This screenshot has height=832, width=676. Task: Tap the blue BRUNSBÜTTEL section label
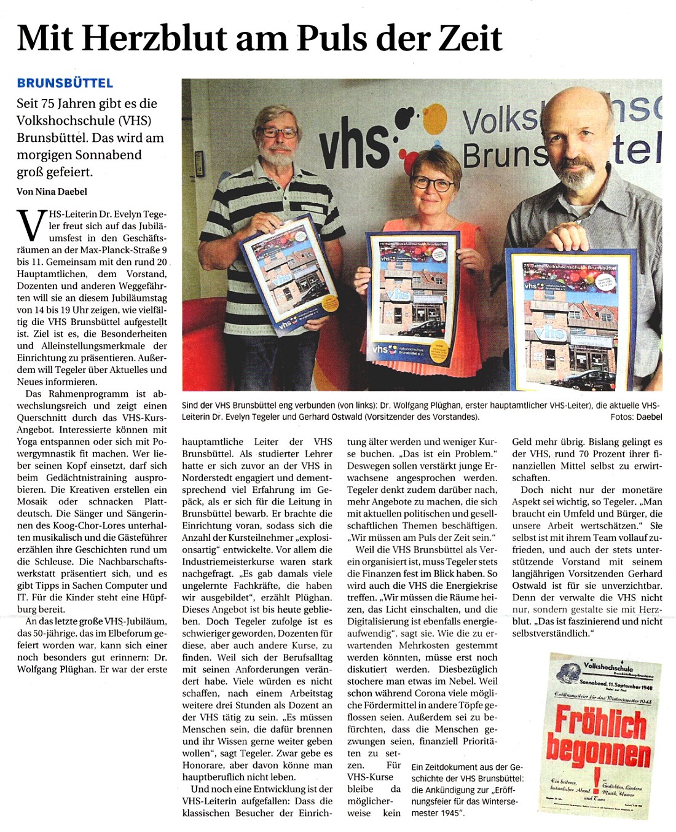[65, 82]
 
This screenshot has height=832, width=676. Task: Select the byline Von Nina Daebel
[52, 192]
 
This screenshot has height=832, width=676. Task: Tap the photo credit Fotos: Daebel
[636, 417]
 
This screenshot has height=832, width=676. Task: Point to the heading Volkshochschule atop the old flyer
[608, 665]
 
